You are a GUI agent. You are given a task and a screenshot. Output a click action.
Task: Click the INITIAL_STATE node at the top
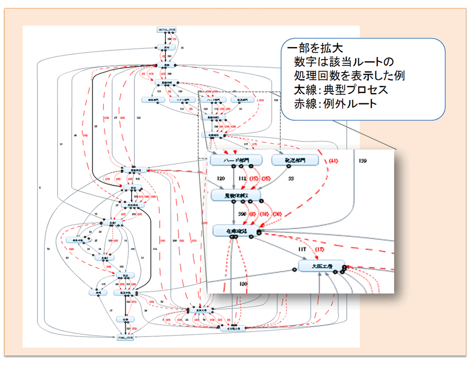165,29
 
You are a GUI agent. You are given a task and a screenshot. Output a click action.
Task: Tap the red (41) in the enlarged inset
333,161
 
